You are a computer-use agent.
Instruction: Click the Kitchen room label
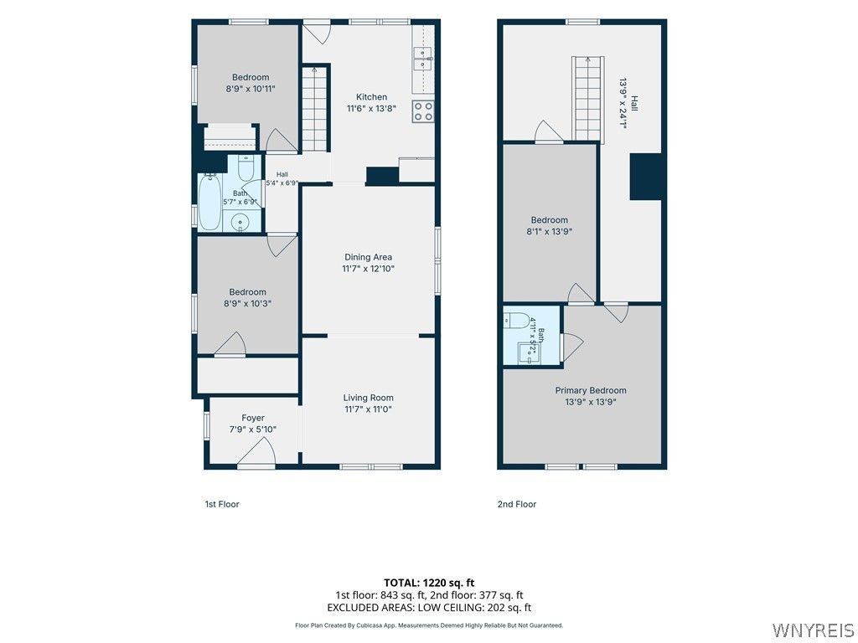(x=371, y=97)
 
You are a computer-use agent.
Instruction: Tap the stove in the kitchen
(x=423, y=111)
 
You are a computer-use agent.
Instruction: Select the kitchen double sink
(x=423, y=59)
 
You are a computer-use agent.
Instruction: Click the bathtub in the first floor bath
(x=209, y=202)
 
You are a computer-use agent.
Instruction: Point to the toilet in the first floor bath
(x=246, y=168)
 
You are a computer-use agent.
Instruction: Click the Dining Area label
(x=369, y=257)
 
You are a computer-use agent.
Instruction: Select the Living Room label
(x=369, y=398)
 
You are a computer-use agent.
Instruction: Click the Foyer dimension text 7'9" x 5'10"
(x=253, y=430)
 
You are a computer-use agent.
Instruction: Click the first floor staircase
(x=315, y=108)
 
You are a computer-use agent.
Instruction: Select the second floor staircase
(x=588, y=99)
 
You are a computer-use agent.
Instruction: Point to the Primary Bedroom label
(x=591, y=390)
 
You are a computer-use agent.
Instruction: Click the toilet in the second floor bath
(x=516, y=320)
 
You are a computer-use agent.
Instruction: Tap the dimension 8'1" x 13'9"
(x=550, y=231)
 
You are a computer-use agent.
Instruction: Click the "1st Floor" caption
(x=221, y=504)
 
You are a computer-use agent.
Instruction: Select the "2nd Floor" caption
(x=516, y=504)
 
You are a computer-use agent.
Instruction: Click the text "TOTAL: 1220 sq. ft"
(x=429, y=583)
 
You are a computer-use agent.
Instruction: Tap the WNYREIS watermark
(x=813, y=630)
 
